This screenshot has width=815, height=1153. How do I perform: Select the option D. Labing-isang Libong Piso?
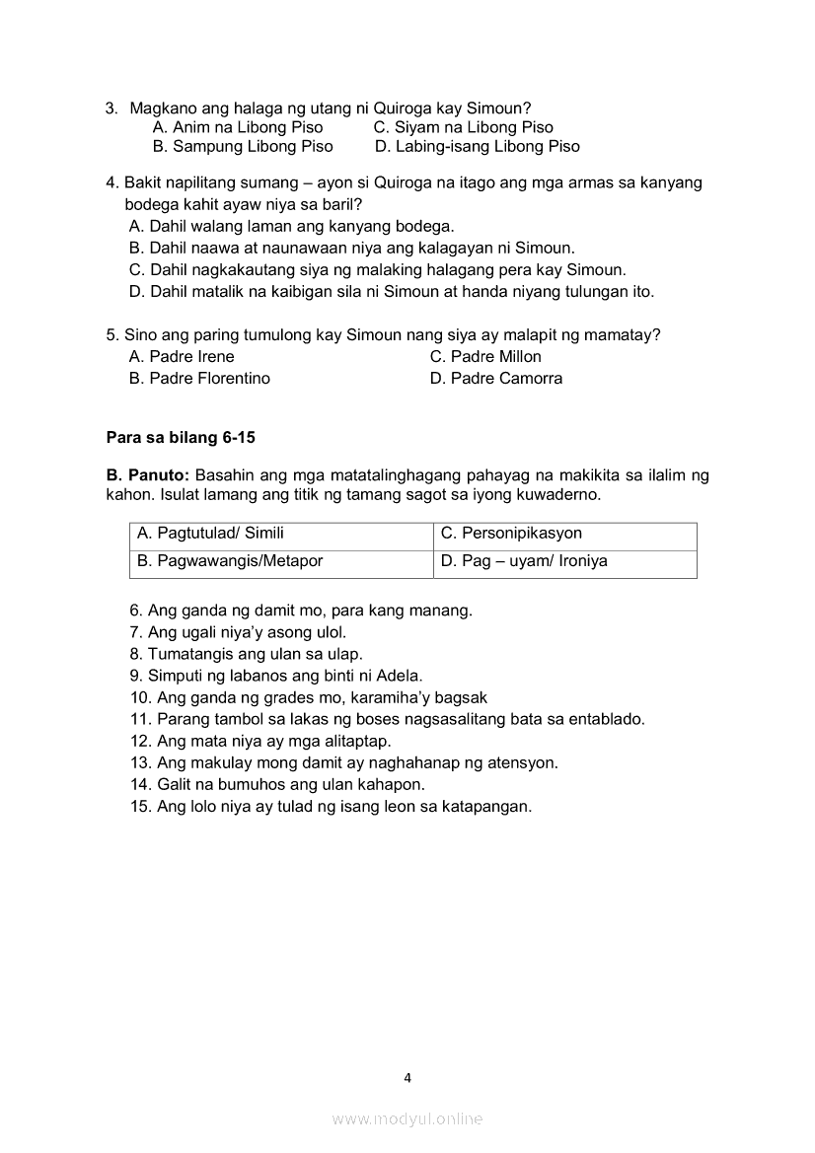click(x=478, y=147)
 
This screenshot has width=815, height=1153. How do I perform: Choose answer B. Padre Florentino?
click(x=199, y=379)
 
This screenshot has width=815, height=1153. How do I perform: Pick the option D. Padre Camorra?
click(x=496, y=379)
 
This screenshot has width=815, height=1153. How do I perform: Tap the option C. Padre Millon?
click(x=485, y=357)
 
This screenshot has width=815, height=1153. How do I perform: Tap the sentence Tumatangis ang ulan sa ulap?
click(x=255, y=654)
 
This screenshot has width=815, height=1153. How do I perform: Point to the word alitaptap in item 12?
click(x=356, y=741)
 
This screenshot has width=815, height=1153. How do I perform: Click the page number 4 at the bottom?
click(x=407, y=1078)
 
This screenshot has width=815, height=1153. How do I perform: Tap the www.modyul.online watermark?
click(x=407, y=1118)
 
